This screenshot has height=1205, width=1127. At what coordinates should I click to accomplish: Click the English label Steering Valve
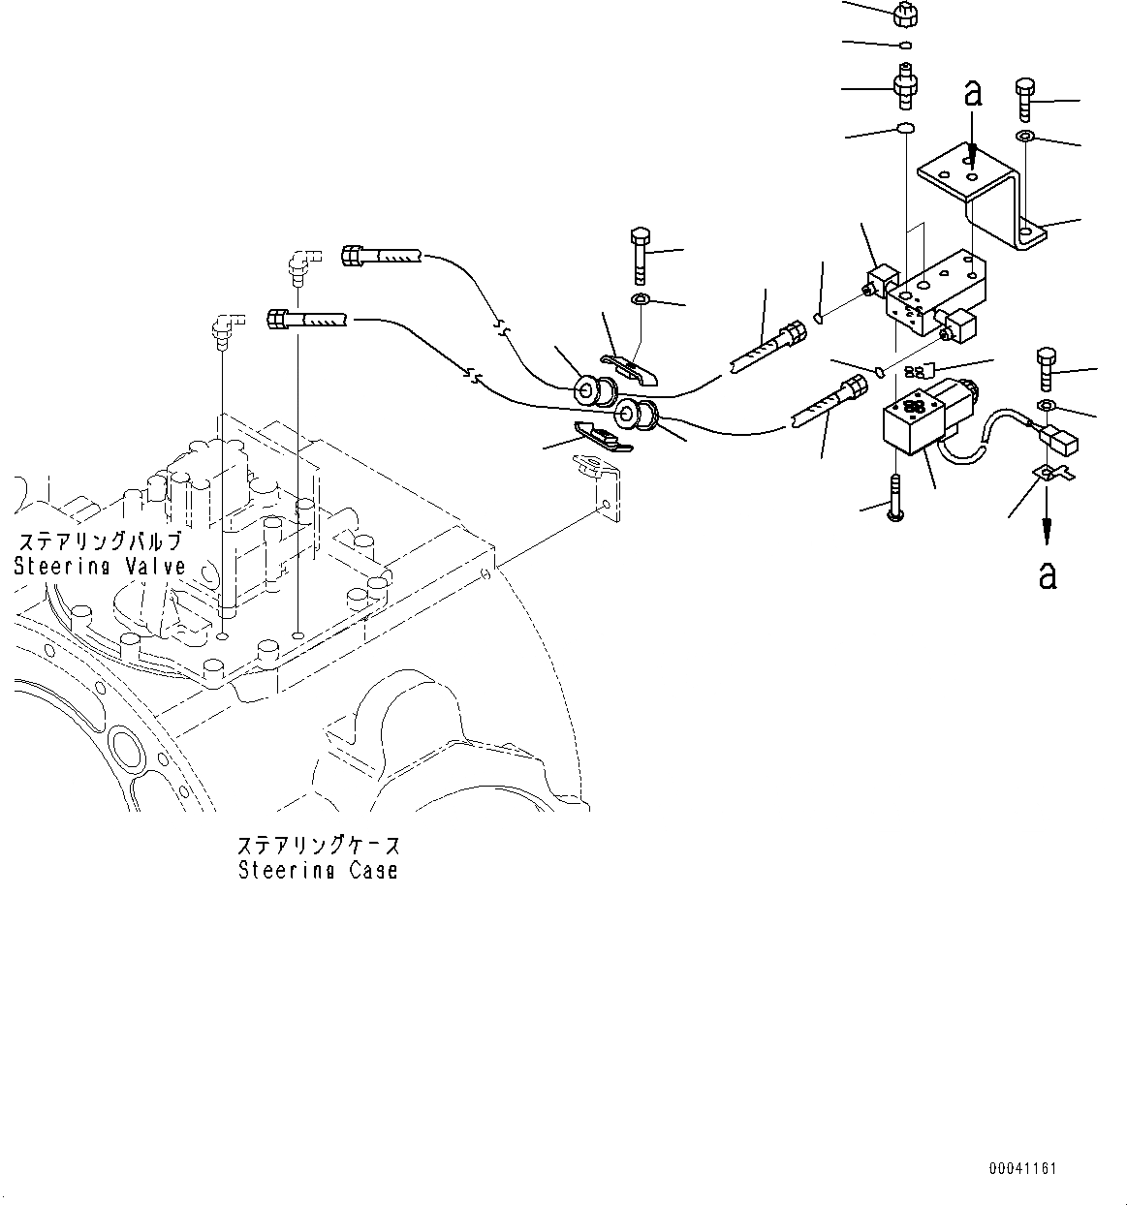click(99, 567)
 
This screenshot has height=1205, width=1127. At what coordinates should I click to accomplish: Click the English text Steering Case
click(318, 870)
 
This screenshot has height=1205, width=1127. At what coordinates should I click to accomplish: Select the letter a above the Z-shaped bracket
click(973, 94)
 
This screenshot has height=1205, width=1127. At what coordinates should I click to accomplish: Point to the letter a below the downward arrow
click(1047, 574)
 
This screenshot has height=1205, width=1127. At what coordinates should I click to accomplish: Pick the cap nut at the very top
click(905, 15)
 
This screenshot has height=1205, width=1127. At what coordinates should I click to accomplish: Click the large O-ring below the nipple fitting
click(904, 129)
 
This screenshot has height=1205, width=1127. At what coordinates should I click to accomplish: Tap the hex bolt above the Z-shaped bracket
click(1027, 97)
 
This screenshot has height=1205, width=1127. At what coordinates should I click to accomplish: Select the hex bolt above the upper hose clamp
click(641, 253)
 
